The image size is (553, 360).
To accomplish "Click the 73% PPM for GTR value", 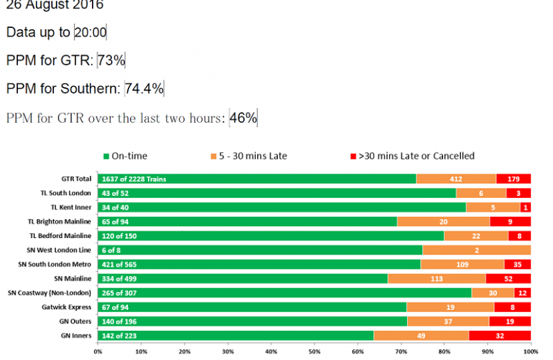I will point(111,61).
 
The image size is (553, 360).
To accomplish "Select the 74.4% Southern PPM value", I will point(144,89).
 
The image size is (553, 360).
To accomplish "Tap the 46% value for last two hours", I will point(243,118).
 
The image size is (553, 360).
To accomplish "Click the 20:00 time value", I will point(91,33).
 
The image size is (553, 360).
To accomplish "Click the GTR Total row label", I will point(76,179).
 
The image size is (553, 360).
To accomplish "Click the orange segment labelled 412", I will point(456,179).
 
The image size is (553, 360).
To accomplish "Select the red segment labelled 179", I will point(513,179).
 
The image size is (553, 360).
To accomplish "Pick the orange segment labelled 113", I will point(436,279).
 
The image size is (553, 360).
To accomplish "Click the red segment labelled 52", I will point(508,279).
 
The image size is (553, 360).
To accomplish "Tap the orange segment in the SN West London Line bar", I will point(476,250).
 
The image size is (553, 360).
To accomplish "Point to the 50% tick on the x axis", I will point(314,351).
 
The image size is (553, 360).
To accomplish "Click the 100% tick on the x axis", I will point(530,351).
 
